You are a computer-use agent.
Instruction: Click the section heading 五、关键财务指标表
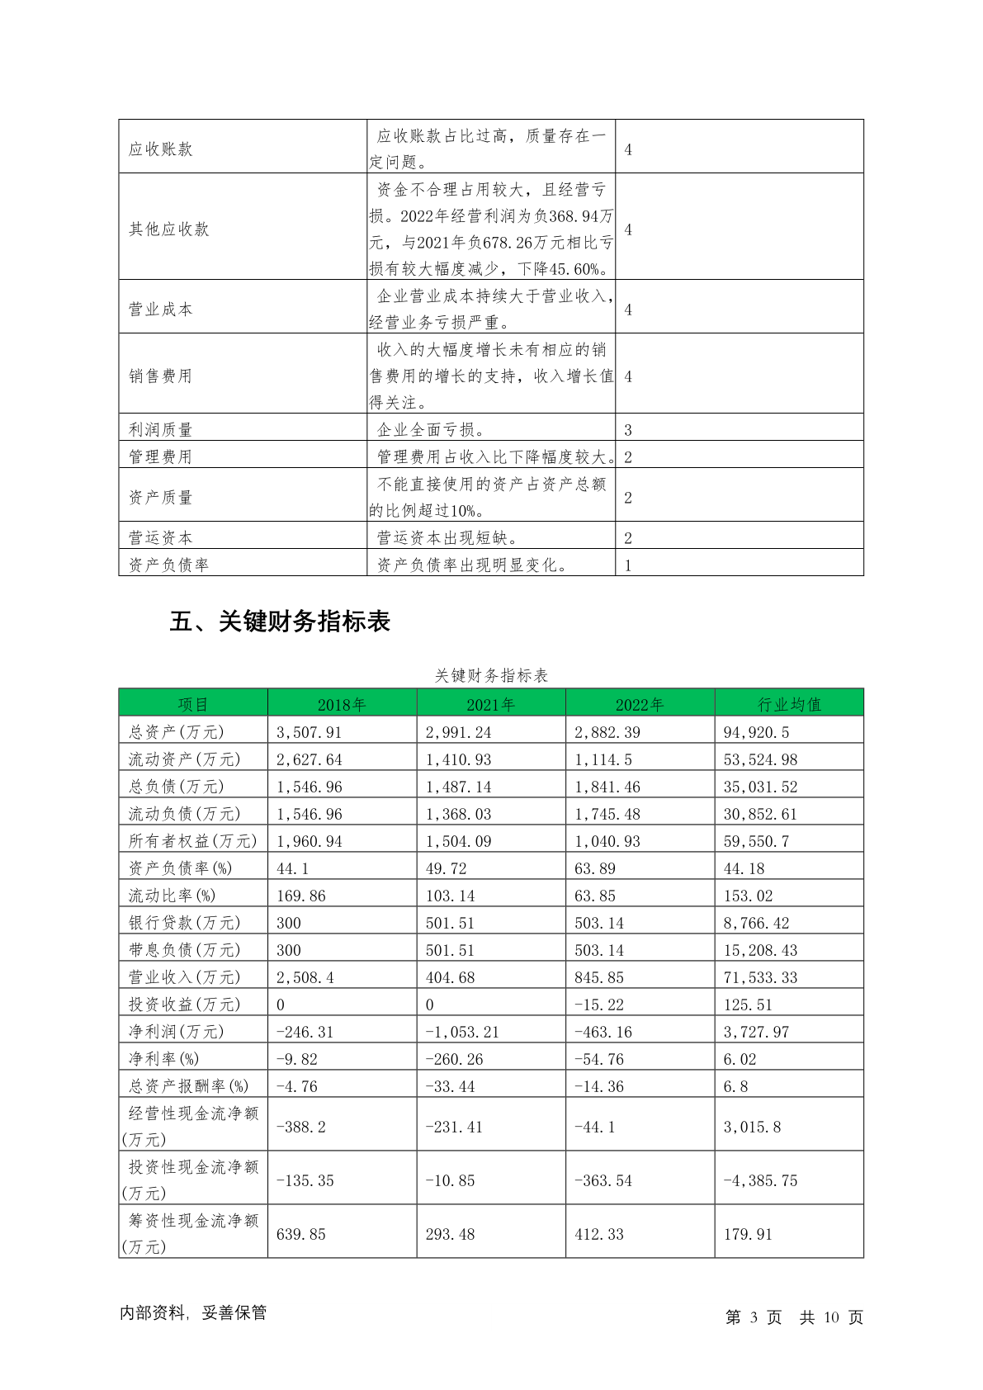tap(280, 622)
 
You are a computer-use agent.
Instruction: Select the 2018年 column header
tap(342, 704)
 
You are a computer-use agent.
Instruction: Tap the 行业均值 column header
tap(789, 704)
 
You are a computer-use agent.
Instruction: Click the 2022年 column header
tap(640, 704)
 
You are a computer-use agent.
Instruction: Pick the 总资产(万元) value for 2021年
tap(458, 732)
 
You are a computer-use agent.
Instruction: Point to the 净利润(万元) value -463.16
tap(599, 1032)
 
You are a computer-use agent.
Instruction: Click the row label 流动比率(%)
tap(172, 896)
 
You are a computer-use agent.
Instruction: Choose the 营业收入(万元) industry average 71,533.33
tap(760, 977)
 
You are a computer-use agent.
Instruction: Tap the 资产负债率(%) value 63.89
tap(595, 868)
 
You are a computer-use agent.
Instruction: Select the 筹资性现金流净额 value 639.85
tap(301, 1234)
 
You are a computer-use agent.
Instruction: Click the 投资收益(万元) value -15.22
tap(599, 1005)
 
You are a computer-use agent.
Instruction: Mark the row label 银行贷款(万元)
tap(184, 923)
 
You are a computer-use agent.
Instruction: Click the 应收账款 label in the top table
tap(161, 149)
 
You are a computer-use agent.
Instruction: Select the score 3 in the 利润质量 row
tap(628, 430)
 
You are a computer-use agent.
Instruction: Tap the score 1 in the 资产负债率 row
tap(628, 565)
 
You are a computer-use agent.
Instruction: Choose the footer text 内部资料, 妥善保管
tap(193, 1312)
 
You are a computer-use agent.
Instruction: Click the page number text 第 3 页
tap(753, 1317)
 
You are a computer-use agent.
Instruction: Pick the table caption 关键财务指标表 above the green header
tap(491, 675)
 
